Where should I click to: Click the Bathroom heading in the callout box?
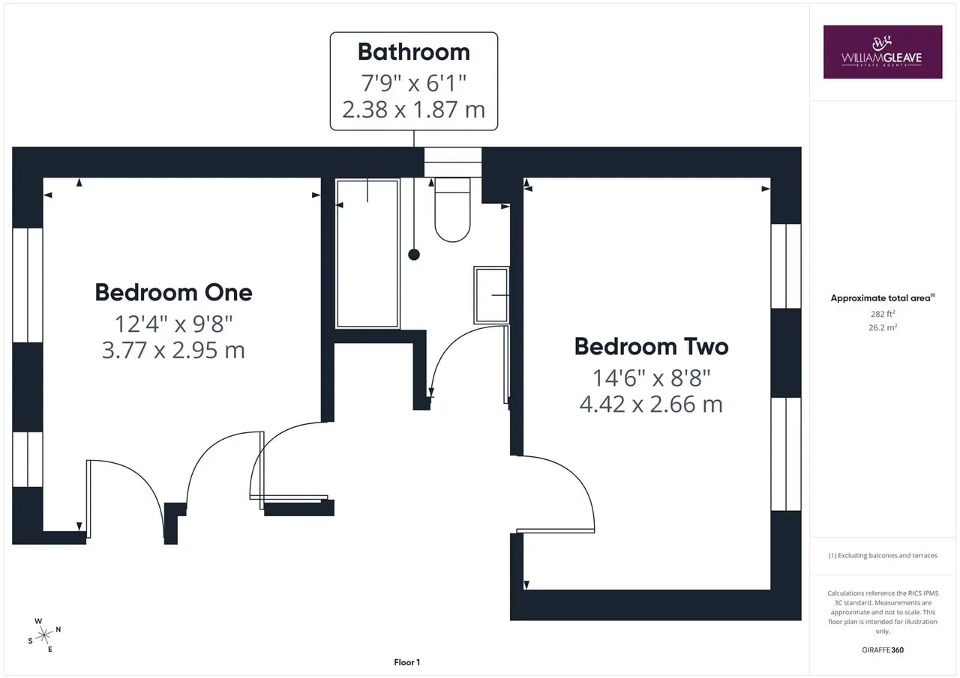pos(413,52)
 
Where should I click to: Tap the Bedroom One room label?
pos(173,293)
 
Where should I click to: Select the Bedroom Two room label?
pos(652,347)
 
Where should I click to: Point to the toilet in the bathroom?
pos(452,210)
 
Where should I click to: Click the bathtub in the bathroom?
pos(367,254)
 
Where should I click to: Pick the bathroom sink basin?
pos(491,295)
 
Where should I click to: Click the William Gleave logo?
pos(883,52)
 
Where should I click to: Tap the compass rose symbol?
pos(44,635)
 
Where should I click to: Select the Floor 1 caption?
pos(406,662)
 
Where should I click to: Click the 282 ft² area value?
pos(883,314)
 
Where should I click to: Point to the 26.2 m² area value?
pos(883,327)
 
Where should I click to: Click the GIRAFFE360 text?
pos(883,650)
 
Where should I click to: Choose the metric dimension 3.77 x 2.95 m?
pos(173,350)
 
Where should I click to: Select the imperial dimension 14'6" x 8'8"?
pos(652,378)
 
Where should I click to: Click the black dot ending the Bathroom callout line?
pos(414,255)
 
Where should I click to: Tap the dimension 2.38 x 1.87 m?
pos(413,109)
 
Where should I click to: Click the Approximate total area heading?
pos(883,298)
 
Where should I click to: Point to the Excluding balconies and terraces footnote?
pos(883,556)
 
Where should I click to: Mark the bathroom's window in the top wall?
pos(453,163)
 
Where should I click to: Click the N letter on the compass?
pos(58,629)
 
